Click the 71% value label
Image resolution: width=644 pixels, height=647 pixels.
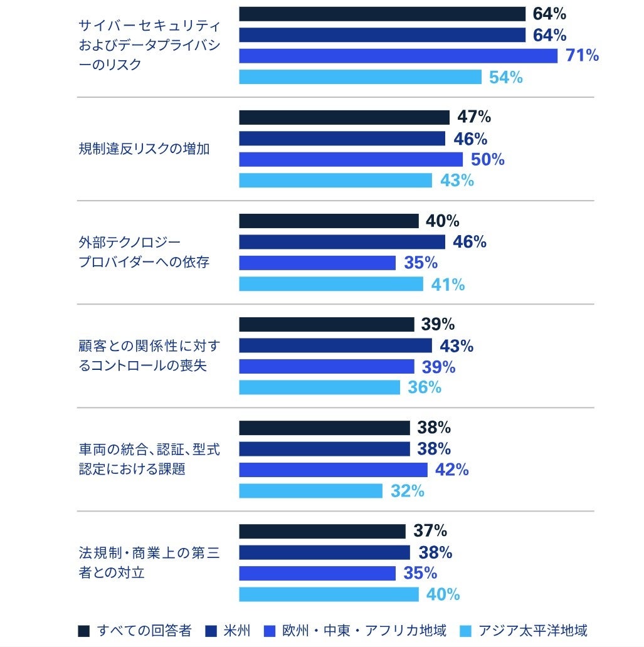582,56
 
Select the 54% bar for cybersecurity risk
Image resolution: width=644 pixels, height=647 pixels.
360,77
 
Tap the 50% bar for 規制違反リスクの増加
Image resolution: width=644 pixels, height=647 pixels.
351,159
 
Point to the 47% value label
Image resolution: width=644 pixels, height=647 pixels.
474,117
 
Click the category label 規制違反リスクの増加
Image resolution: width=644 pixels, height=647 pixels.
144,149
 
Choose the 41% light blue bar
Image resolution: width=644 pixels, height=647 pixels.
330,284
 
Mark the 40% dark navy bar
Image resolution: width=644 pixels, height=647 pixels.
329,221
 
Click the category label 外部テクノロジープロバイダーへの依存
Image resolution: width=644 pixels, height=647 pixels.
144,252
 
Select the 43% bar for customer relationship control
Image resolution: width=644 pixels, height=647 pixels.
335,345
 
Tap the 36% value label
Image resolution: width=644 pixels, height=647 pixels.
425,387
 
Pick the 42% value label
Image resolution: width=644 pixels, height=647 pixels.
451,470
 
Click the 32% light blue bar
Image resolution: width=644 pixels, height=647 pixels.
310,491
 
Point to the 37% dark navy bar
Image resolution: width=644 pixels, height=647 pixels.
322,532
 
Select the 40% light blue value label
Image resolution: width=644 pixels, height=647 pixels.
443,594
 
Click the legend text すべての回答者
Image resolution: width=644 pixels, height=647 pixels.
144,631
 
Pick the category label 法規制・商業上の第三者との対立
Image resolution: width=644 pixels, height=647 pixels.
149,562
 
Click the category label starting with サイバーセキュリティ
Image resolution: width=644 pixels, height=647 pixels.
149,45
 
